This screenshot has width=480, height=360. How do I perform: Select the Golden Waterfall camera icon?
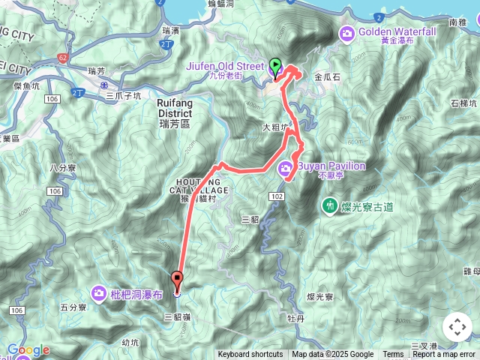(x=346, y=32)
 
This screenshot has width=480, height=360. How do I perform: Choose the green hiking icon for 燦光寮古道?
(x=328, y=205)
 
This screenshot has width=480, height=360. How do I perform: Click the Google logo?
(x=28, y=349)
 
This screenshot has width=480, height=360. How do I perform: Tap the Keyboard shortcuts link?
(x=250, y=355)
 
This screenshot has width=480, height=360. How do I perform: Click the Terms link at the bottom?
(x=393, y=355)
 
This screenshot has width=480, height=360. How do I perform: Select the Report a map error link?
(x=445, y=355)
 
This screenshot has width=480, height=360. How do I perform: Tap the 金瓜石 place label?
(x=328, y=77)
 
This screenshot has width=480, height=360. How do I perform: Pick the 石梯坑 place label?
(x=463, y=103)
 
